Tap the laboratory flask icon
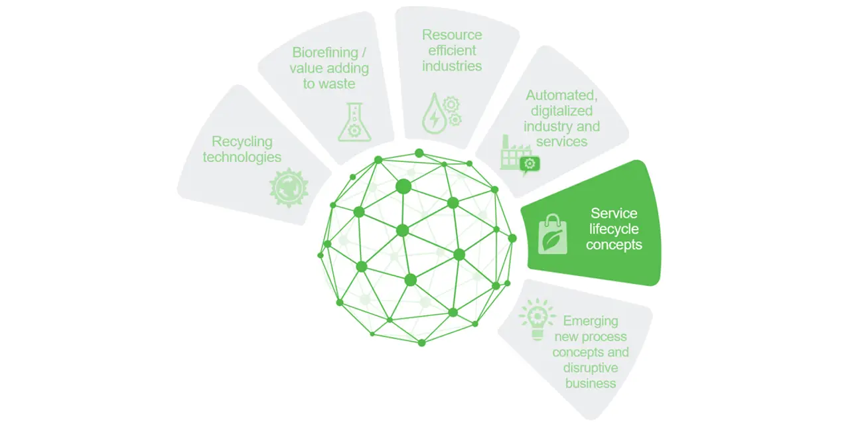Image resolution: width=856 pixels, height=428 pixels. coord(352,121)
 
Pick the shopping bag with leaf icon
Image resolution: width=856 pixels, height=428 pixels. coord(552,234)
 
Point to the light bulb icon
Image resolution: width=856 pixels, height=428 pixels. coord(536,319)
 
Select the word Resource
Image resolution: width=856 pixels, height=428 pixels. coord(452,35)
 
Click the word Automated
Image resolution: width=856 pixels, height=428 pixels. coord(561,96)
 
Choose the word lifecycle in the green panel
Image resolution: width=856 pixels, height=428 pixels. coord(614,229)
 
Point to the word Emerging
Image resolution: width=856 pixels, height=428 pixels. coord(590,321)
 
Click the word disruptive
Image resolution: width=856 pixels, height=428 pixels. coord(590,368)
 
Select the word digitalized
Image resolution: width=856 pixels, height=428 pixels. coord(561,111)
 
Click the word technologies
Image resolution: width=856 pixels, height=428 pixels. coord(242,157)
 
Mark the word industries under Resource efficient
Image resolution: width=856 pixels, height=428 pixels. coord(452,66)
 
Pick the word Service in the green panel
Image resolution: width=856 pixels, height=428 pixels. coord(614,213)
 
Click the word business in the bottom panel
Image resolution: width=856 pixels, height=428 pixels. coord(590,383)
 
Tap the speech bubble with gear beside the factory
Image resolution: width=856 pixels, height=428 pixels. coord(530,163)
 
